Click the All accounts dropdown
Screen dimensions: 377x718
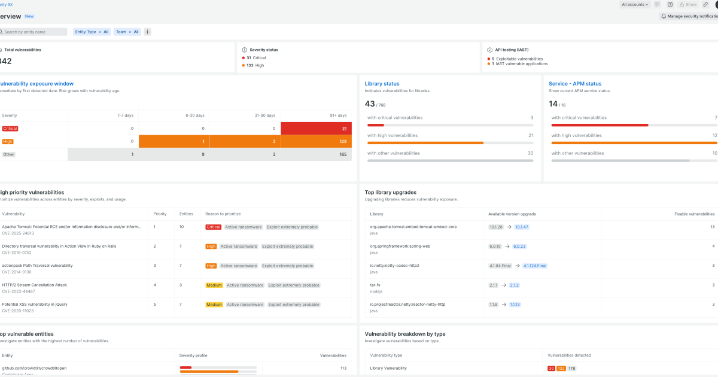(635, 4)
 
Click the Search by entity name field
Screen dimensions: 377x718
(33, 32)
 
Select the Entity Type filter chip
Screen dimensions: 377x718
(92, 32)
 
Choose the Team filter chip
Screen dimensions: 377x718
(127, 32)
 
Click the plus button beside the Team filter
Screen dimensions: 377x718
(148, 32)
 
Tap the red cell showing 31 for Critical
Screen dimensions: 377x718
(316, 129)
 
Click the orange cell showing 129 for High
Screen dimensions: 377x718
(316, 141)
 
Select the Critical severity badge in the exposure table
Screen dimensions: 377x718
(10, 129)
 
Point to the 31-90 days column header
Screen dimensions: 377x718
(264, 115)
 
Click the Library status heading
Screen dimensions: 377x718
(382, 84)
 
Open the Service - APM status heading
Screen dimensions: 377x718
(575, 84)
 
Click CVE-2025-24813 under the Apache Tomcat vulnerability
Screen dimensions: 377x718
(19, 233)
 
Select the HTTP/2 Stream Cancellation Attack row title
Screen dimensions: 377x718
(35, 285)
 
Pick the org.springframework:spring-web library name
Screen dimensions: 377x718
(400, 246)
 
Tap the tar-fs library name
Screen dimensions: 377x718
(376, 285)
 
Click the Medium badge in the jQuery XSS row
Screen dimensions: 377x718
(214, 304)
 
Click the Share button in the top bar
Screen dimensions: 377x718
(688, 4)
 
